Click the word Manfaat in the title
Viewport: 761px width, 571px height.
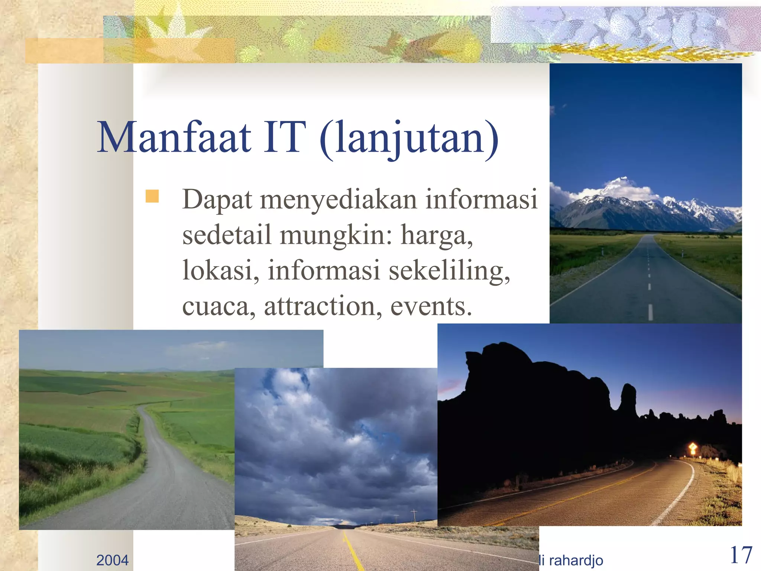pos(174,138)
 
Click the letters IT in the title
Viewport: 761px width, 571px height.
pos(285,138)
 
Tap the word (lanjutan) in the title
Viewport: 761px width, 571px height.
pos(409,138)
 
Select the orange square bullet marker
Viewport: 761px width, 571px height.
pos(152,196)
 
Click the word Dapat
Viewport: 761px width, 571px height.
pos(217,200)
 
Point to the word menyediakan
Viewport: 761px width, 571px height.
pos(338,200)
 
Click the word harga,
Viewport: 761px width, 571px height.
pos(437,236)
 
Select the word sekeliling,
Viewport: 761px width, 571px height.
pos(450,271)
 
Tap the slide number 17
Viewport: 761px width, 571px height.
pos(741,555)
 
